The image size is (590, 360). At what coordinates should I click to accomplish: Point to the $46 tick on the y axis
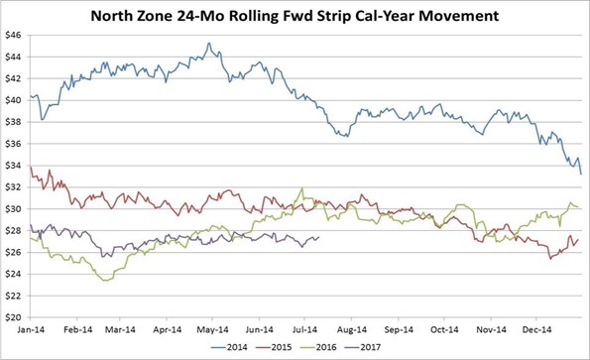17,36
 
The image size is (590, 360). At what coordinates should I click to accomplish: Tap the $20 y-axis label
17,317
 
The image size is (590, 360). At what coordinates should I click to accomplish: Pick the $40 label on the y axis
17,101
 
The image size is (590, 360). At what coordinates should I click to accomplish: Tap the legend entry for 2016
338,348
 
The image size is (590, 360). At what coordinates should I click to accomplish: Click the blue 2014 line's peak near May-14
207,44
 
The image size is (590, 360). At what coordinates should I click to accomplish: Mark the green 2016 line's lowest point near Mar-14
104,281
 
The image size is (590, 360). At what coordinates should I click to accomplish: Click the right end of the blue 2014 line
581,174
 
